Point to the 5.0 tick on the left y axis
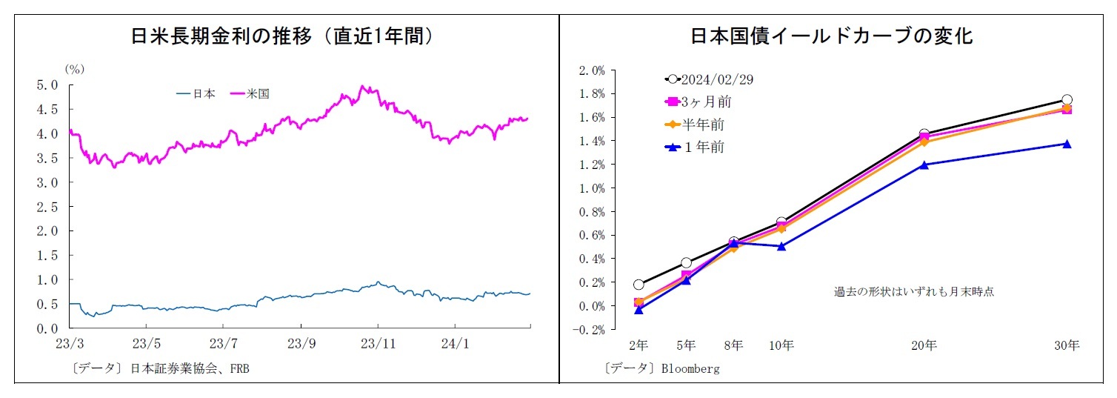pyautogui.click(x=47, y=85)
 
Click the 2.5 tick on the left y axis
pyautogui.click(x=47, y=207)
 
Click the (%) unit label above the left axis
pyautogui.click(x=76, y=69)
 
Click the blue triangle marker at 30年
pyautogui.click(x=1067, y=144)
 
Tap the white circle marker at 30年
pyautogui.click(x=1067, y=99)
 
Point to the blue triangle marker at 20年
pyautogui.click(x=924, y=165)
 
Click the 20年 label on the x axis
pyautogui.click(x=924, y=345)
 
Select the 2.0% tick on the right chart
pyautogui.click(x=592, y=70)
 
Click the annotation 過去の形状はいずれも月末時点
pyautogui.click(x=913, y=292)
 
